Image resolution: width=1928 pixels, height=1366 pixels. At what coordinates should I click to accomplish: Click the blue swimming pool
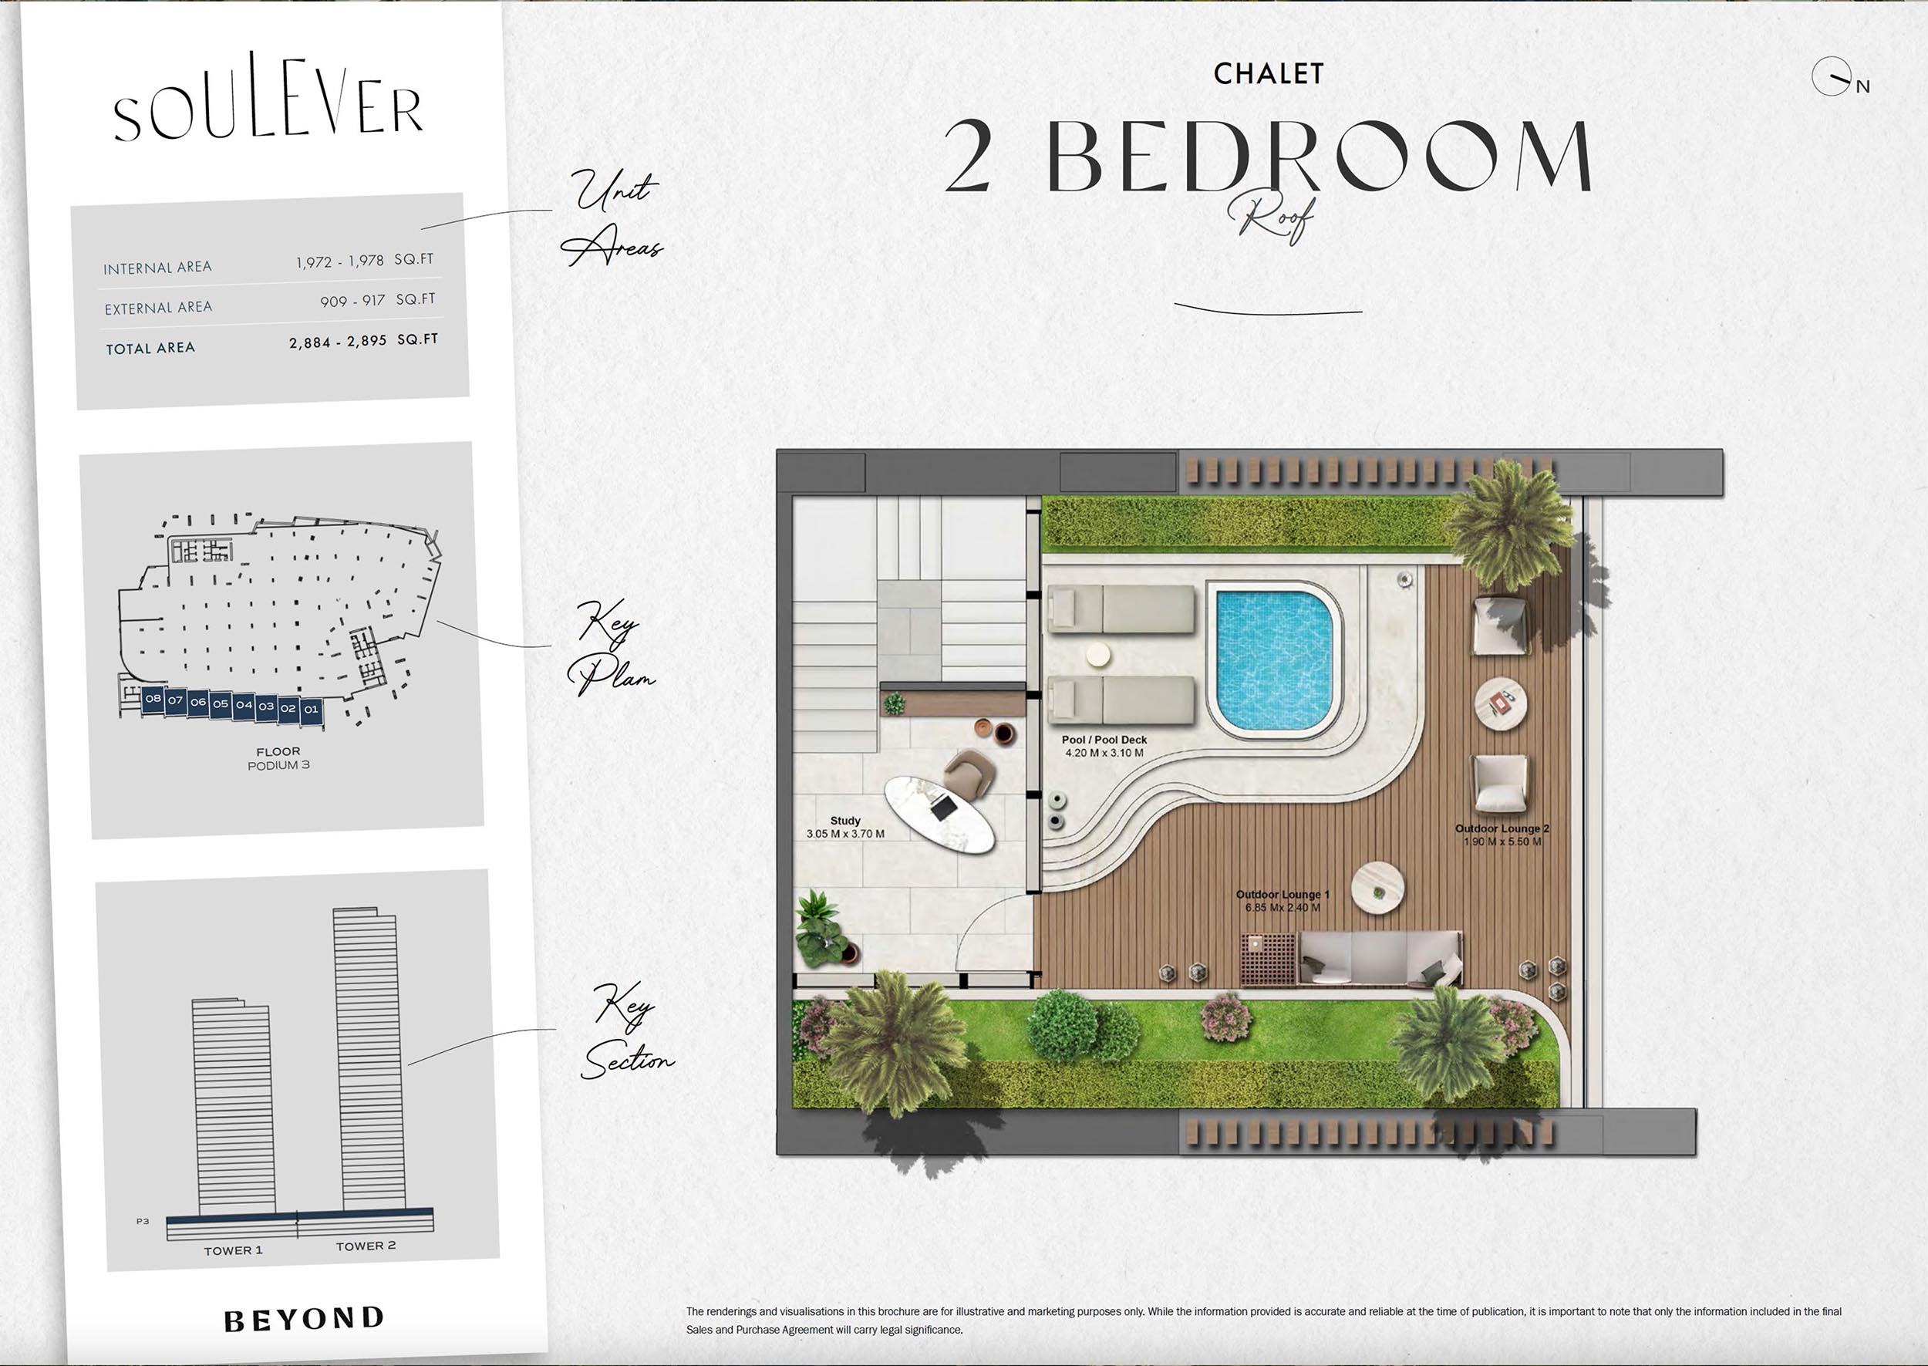(x=1275, y=660)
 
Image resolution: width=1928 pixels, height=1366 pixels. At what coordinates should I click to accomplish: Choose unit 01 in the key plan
(x=311, y=709)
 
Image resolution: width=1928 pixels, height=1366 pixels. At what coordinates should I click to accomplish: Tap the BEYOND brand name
(x=305, y=1318)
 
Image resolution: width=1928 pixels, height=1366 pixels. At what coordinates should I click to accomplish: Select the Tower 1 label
(x=233, y=1251)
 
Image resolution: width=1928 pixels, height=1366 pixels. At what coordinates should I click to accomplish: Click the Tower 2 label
(x=366, y=1246)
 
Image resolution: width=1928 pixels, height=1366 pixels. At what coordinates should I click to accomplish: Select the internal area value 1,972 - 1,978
(x=339, y=261)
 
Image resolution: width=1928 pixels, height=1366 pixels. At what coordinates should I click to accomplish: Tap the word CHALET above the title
(x=1269, y=74)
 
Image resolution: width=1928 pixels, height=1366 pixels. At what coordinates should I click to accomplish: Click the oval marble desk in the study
(x=940, y=812)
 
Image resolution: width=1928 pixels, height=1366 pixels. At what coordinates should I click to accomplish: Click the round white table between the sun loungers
(x=1097, y=656)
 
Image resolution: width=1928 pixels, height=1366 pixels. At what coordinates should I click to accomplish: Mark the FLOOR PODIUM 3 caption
(x=278, y=759)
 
